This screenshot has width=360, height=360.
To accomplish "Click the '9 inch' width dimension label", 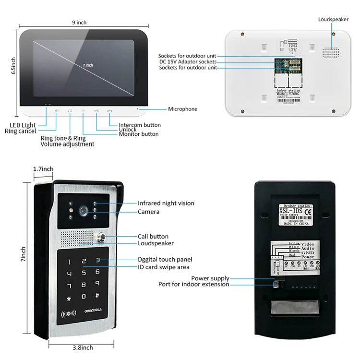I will click(x=79, y=22).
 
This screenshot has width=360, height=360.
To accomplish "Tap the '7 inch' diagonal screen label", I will click(x=87, y=65).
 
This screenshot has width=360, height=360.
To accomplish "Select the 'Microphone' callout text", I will click(x=182, y=109).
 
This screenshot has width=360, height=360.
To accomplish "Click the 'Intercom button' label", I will click(x=140, y=125).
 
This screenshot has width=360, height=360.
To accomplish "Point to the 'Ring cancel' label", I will click(x=20, y=131).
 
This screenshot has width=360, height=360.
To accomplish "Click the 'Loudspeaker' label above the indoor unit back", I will click(x=334, y=19).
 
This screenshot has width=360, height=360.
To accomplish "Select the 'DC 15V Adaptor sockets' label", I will click(x=188, y=62).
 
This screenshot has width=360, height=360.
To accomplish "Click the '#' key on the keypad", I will click(x=97, y=296).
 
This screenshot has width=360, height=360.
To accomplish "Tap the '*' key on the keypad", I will click(x=69, y=299).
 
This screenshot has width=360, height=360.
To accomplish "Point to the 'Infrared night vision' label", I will click(x=166, y=203).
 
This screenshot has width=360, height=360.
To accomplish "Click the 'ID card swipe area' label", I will click(x=164, y=267).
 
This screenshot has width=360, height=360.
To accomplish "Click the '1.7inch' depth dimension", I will click(x=43, y=169).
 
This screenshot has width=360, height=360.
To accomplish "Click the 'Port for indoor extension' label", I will click(x=194, y=284).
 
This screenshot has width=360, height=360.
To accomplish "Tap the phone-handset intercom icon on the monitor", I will click(x=110, y=111).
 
